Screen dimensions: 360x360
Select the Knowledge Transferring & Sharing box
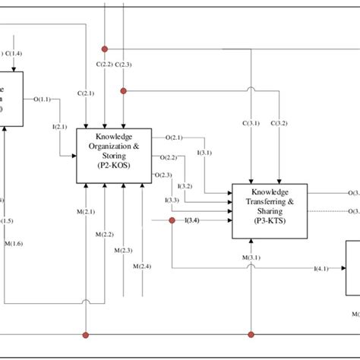(270, 211)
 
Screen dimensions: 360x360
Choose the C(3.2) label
(279, 122)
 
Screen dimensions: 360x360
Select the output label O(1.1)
(43, 99)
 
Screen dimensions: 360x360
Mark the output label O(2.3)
(162, 175)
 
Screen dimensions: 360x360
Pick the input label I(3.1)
(204, 153)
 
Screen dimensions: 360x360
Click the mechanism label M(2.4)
(141, 266)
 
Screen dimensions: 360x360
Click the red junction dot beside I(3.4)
(172, 221)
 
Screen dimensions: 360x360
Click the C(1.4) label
(14, 52)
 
